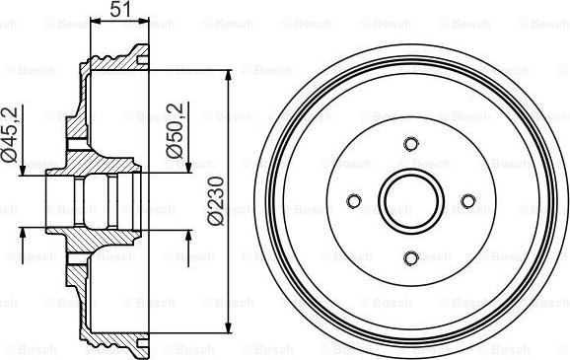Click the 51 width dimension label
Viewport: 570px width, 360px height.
coord(120,9)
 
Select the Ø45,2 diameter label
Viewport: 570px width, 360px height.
coord(10,134)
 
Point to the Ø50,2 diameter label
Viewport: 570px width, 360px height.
coord(175,130)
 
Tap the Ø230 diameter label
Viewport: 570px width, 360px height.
coord(216,201)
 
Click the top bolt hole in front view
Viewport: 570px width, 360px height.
coord(411,144)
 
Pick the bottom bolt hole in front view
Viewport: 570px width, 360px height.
coord(411,258)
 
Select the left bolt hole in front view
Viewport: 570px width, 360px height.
coord(354,201)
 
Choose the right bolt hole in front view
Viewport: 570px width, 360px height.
coord(468,201)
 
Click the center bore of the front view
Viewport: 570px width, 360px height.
coord(411,201)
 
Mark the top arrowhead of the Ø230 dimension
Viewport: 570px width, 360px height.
coord(228,76)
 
